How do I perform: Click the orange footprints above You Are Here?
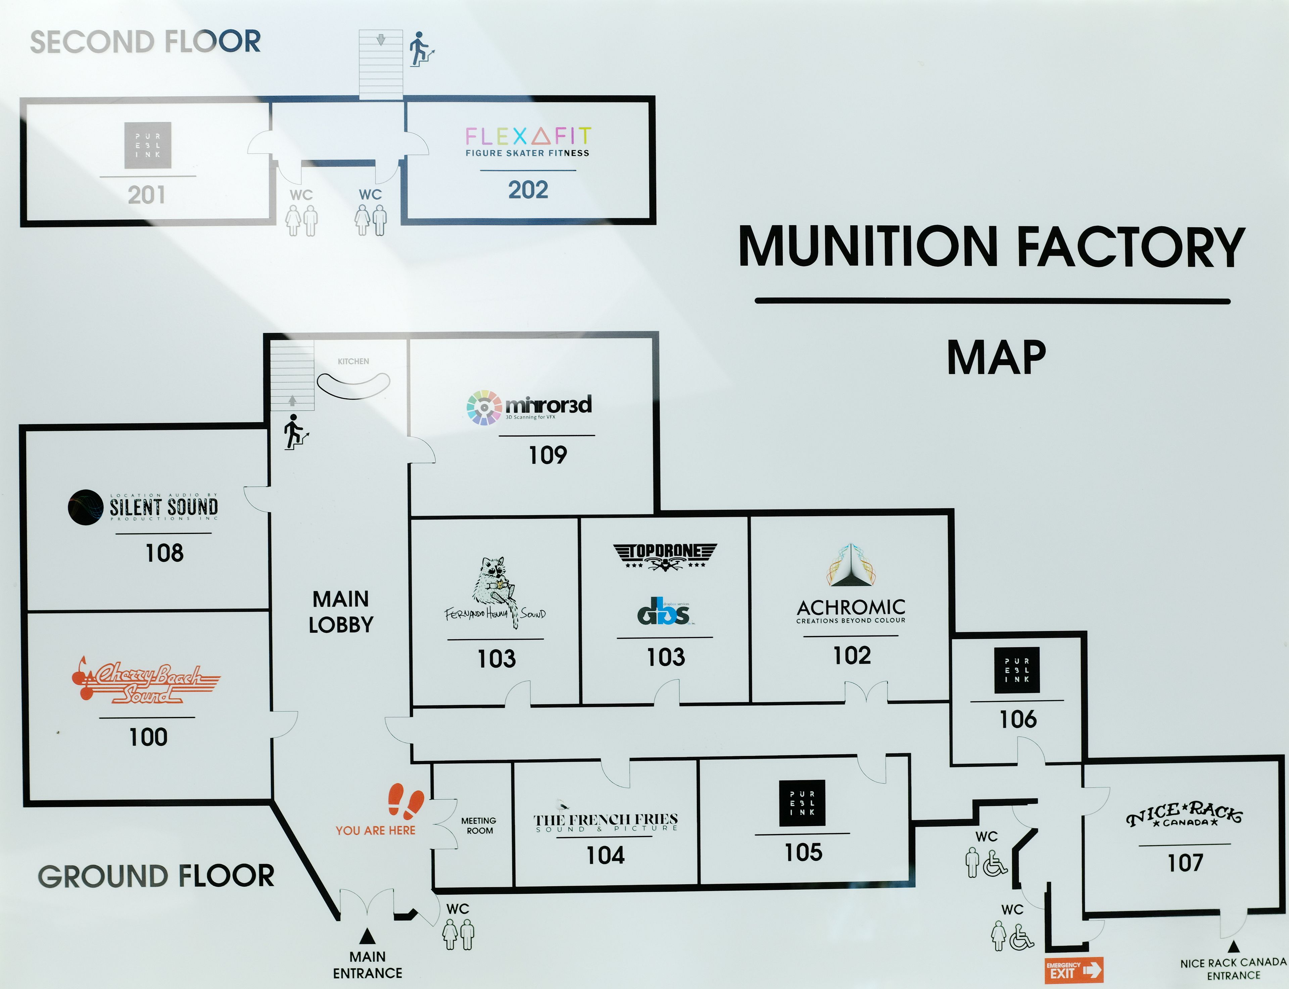pos(406,801)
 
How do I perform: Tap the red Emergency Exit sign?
pos(1074,970)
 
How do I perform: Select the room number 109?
pos(548,455)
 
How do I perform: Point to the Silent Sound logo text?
pos(163,507)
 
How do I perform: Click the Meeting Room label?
pos(479,825)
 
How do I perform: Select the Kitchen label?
pos(353,361)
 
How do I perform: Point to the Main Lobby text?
pos(341,612)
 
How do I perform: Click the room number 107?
pos(1185,863)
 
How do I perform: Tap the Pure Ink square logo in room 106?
pos(1017,670)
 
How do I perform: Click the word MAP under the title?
pos(996,357)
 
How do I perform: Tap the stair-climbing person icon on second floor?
pos(421,49)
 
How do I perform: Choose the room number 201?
pos(146,195)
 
